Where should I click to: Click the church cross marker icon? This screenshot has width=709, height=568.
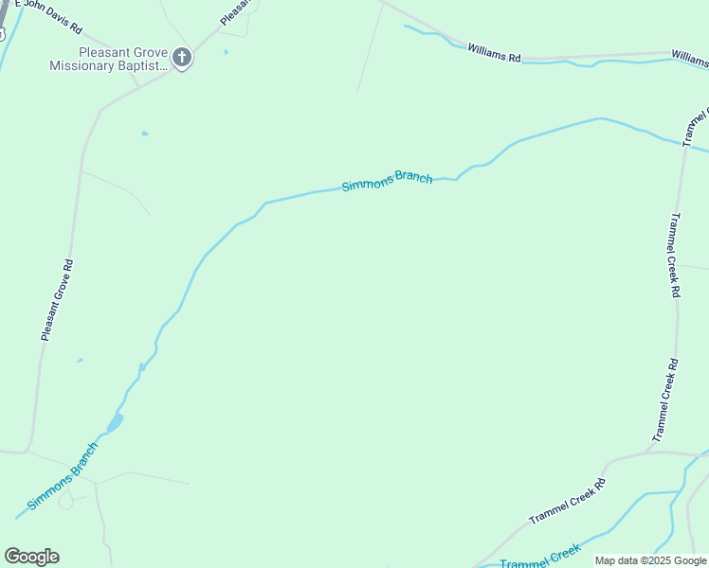point(181,59)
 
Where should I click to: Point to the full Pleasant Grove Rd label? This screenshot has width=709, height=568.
point(57,299)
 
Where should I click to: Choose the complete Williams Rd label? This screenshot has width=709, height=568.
point(494,52)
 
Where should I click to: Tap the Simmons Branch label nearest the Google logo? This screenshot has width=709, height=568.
point(63,475)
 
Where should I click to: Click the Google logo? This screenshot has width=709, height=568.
point(31,557)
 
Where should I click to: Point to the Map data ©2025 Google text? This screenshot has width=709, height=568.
point(651,560)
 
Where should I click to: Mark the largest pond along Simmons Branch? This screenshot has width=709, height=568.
point(116,422)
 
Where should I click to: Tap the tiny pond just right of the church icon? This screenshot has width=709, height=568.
point(226,52)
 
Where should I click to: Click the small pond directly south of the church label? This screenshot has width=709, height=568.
point(144,133)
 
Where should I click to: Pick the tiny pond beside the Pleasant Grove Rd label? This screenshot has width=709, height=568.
point(80,360)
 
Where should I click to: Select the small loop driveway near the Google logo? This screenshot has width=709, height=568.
point(65,499)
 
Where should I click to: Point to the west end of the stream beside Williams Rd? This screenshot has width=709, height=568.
point(406,27)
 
